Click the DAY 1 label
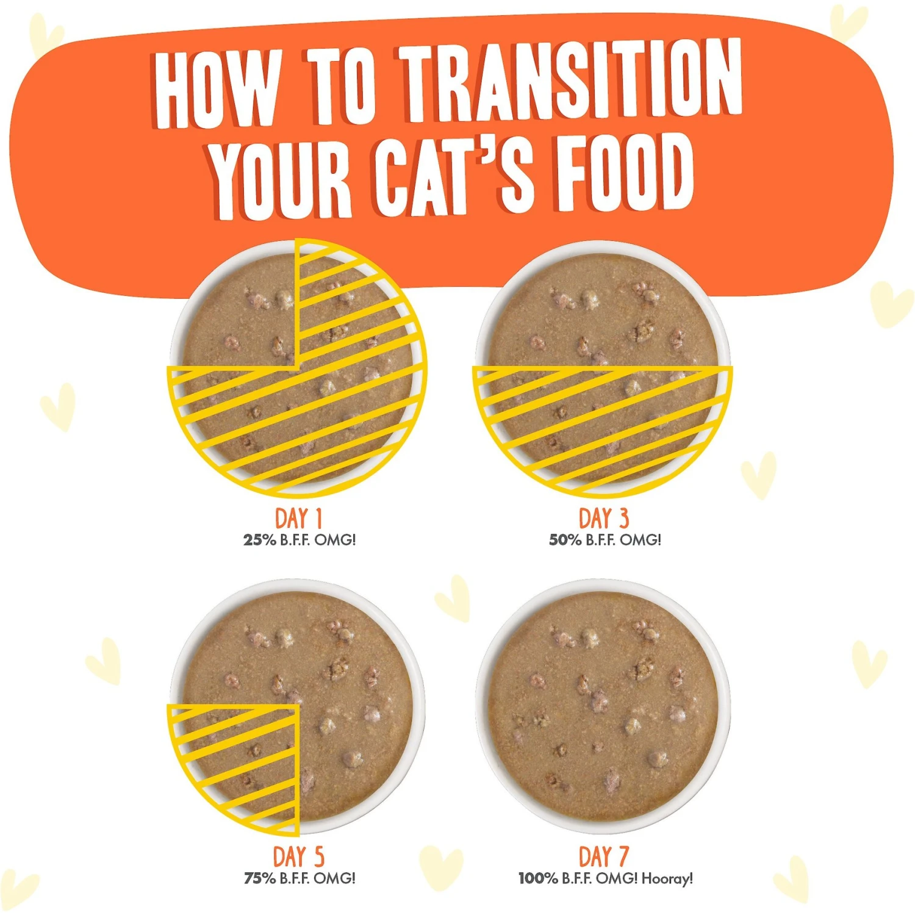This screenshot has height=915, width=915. [x=298, y=518]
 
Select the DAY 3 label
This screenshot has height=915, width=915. [x=603, y=518]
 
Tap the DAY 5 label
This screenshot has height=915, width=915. [x=298, y=856]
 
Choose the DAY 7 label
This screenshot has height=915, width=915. [x=603, y=856]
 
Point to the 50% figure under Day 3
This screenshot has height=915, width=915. [x=565, y=540]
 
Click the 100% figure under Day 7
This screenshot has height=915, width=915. [x=538, y=878]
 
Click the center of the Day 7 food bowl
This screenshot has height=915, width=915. [x=603, y=706]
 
